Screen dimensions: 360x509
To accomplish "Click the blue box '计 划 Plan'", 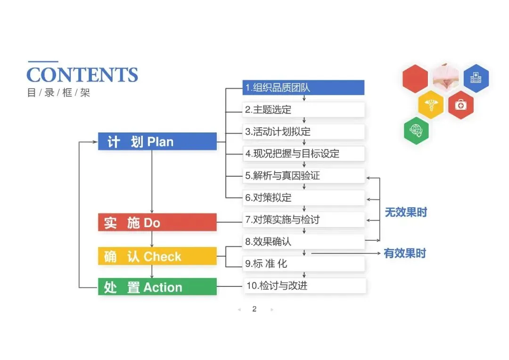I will tap(157, 141).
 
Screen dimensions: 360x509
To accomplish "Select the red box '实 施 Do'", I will tap(157, 222).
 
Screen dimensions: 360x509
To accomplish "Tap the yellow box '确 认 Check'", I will tap(157, 256).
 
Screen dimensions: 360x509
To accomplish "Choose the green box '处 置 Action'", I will tap(157, 287).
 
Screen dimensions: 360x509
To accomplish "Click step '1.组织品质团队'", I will tap(304, 88).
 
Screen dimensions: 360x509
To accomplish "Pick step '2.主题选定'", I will tap(304, 110).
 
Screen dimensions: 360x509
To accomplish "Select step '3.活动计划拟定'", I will tap(304, 131).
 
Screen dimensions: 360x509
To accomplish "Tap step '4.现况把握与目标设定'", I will tap(304, 154).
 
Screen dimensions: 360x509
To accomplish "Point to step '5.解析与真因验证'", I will tap(304, 176).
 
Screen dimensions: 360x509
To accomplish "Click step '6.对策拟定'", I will tap(304, 197).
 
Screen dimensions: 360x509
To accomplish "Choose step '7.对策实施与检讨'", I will tap(304, 220).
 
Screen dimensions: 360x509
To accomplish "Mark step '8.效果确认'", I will tap(304, 242).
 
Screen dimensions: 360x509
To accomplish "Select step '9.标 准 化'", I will tap(304, 264).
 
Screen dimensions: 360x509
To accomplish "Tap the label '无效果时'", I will tap(406, 213).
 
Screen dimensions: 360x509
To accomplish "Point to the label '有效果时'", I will tap(405, 254).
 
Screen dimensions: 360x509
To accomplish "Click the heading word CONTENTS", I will tap(82, 75).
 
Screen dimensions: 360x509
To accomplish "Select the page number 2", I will tap(254, 309).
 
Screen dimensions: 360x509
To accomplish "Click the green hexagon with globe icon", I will tap(416, 130).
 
